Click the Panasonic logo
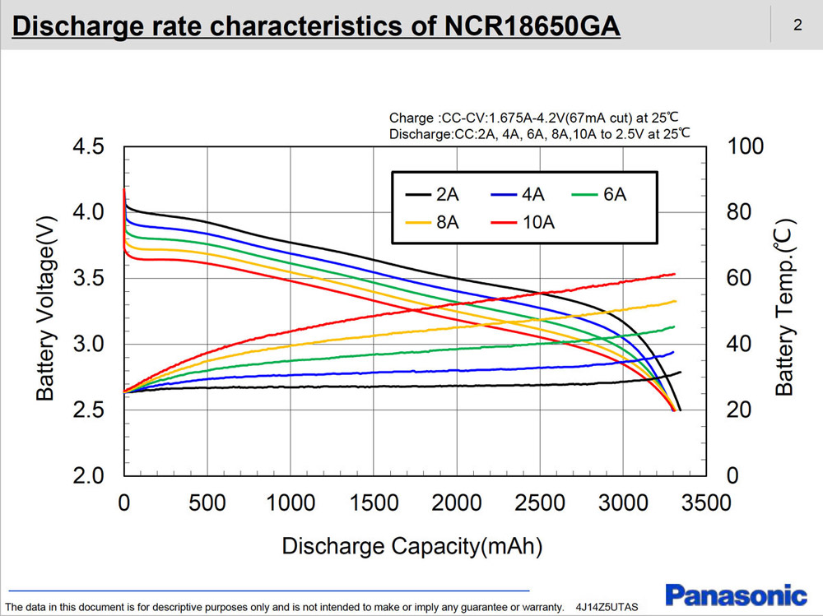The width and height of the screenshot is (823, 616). [736, 595]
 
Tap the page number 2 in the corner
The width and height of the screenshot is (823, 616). [797, 25]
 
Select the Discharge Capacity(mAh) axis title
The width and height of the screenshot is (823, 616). [411, 545]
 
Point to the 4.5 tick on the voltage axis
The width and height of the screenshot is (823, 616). [89, 147]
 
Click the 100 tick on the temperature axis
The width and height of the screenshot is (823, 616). [746, 147]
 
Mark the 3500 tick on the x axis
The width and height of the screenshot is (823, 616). [705, 503]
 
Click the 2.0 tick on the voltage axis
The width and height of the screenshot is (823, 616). [89, 476]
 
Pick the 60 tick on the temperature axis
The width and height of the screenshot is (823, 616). [740, 279]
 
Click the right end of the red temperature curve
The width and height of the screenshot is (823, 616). [674, 274]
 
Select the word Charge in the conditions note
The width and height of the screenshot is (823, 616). [408, 118]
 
